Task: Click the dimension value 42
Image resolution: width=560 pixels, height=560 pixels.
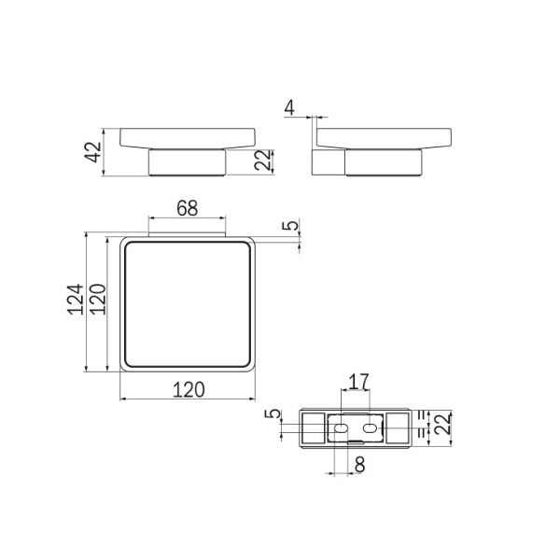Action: (94, 152)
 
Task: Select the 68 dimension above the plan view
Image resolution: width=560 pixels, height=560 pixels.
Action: (188, 208)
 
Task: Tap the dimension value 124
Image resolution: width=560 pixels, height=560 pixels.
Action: (76, 300)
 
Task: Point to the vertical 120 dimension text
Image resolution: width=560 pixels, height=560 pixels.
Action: (98, 300)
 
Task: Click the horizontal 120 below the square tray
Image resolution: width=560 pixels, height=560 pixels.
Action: (189, 389)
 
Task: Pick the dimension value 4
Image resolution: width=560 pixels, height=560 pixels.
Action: (289, 108)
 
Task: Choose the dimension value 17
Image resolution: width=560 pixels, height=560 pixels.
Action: (358, 382)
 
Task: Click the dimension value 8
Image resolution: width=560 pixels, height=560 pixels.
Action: (360, 465)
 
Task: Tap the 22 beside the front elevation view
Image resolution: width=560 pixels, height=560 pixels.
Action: (262, 160)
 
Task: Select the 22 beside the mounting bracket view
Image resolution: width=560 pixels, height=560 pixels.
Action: (442, 424)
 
